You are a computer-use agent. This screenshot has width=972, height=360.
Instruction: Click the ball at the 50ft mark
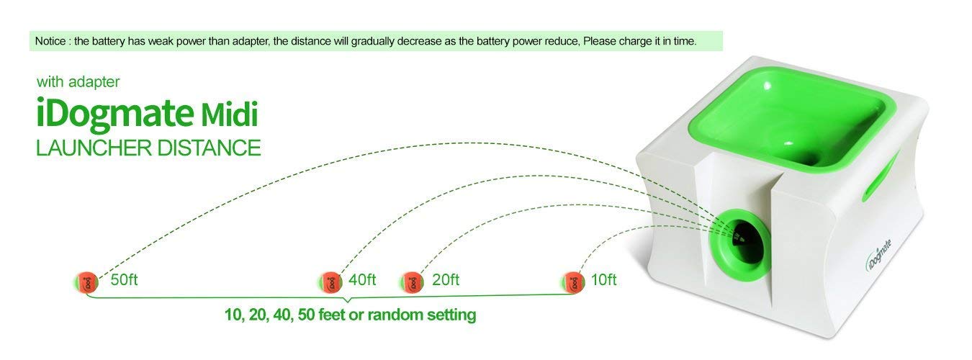coord(86,281)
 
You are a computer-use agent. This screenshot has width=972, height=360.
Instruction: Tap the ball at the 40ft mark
coord(330,281)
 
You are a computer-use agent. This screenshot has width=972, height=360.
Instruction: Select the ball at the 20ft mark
coord(411,281)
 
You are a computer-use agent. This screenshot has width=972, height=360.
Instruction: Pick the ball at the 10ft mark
coord(573,281)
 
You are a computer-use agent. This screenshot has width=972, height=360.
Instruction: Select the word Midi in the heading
coord(229,115)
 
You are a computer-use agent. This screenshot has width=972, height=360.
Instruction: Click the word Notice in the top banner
coord(50,41)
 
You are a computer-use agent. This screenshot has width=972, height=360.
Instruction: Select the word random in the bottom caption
coord(395,315)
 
